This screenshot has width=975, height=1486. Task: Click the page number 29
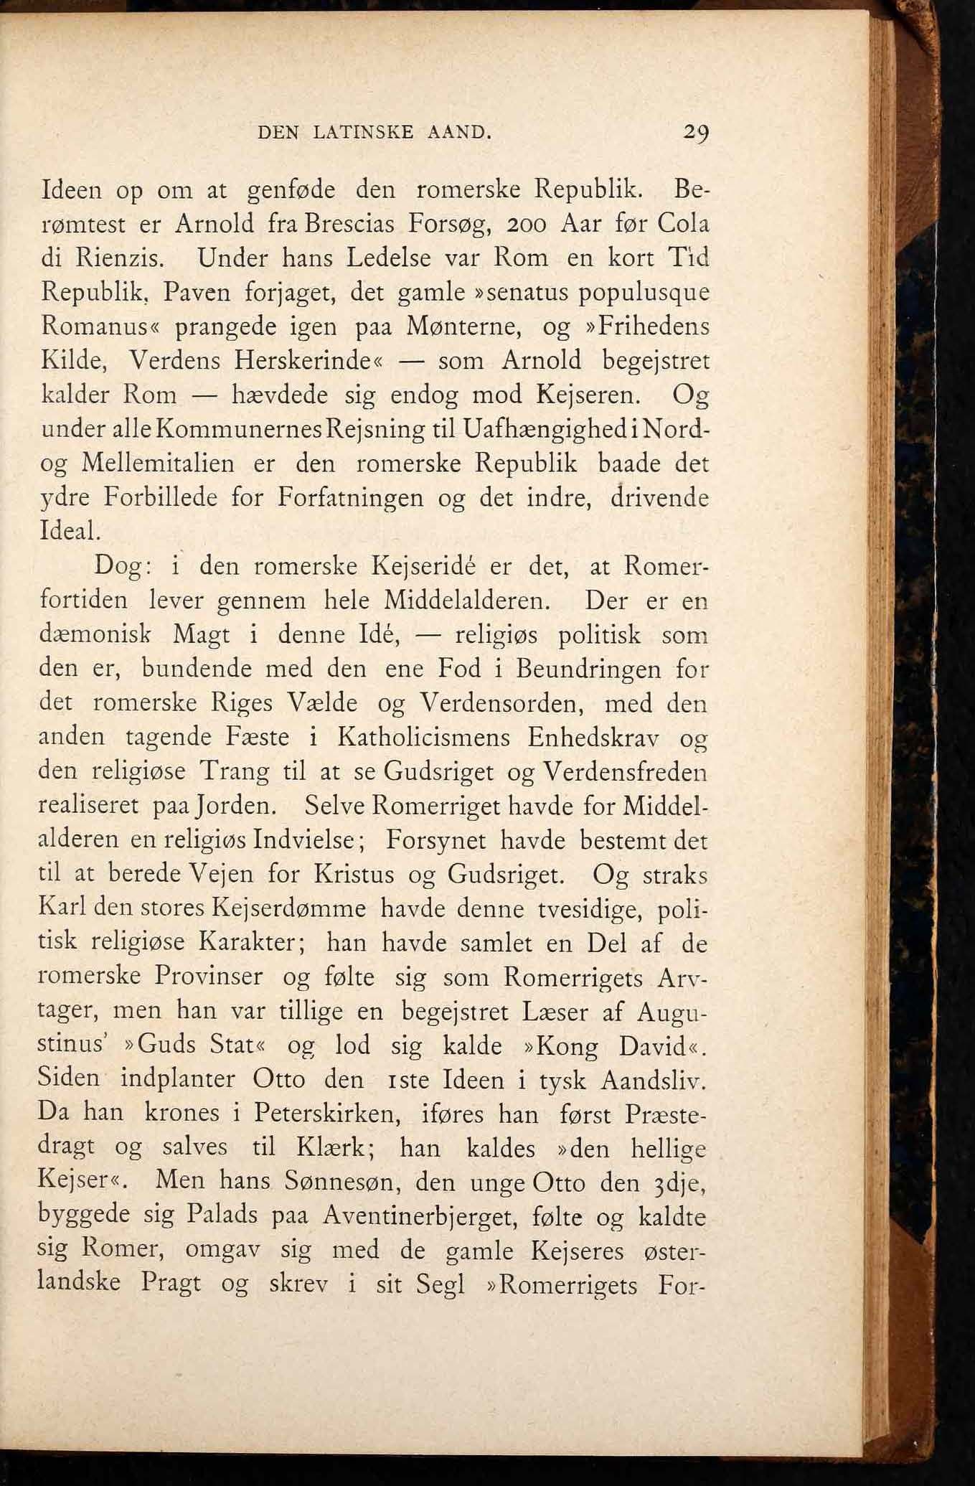[x=695, y=133]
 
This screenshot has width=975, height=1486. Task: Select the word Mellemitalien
[x=158, y=464]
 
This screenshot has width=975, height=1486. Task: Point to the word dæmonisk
[x=95, y=635]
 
